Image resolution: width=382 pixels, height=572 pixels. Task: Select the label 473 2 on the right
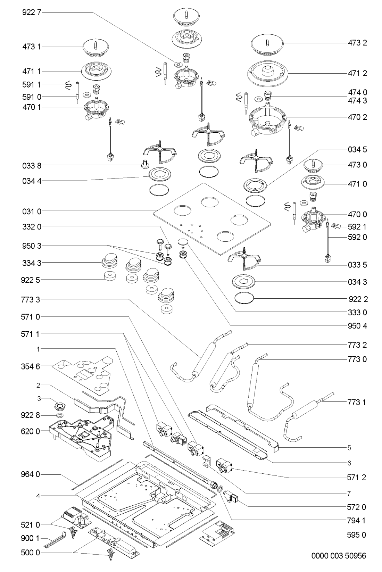357,43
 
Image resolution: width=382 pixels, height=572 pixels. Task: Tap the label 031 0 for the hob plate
32,211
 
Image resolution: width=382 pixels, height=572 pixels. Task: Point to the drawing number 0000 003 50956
338,556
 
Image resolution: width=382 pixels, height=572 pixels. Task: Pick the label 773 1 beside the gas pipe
357,403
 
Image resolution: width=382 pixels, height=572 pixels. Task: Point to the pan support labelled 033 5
244,261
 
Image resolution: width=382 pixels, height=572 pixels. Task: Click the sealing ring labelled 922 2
244,298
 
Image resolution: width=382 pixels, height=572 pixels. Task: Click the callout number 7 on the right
349,493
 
